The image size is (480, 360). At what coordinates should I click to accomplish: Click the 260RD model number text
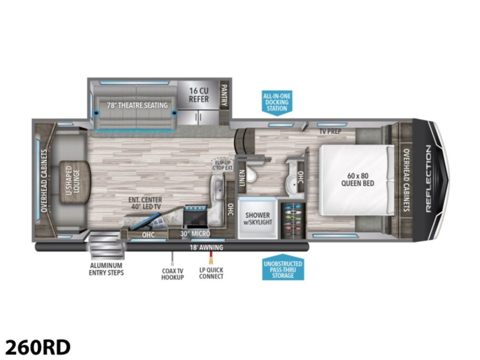pos(38,347)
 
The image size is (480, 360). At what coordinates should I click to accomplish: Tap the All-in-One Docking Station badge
pos(277,103)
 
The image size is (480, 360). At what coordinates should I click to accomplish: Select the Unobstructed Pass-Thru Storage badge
pos(283,267)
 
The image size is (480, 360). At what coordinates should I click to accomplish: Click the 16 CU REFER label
pos(199,95)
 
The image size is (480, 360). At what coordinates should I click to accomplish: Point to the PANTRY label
pos(224,95)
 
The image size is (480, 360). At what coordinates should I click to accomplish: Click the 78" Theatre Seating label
pos(137,105)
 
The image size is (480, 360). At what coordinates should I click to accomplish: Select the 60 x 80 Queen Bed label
pos(358,180)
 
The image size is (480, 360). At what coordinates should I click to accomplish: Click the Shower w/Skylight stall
pos(257,218)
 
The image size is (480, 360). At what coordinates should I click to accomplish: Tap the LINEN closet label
pos(242,178)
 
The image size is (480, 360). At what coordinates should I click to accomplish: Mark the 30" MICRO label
pos(195,234)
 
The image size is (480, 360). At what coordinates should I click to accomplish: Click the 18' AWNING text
pos(206,248)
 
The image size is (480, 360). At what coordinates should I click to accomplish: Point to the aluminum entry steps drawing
pos(107,246)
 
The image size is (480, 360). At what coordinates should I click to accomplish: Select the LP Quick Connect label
pos(211,273)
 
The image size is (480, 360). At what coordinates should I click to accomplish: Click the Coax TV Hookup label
pos(172,274)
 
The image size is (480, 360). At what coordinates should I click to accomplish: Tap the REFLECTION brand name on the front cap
pos(429,179)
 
